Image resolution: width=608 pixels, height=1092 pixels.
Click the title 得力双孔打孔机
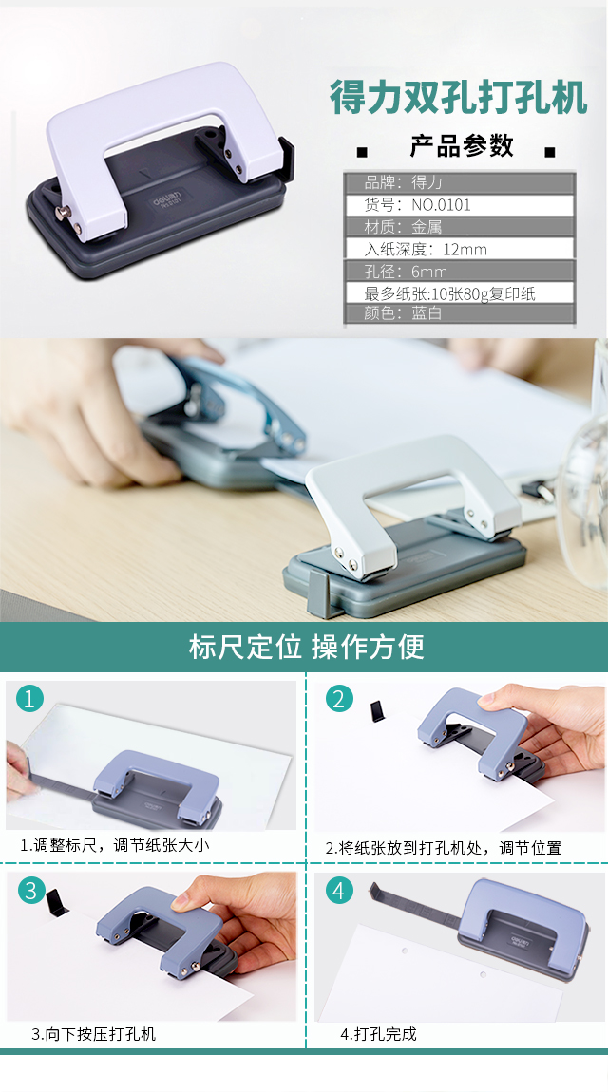(458, 97)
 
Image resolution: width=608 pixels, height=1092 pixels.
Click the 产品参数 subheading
(462, 145)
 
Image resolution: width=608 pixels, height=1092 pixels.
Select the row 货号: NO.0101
(460, 205)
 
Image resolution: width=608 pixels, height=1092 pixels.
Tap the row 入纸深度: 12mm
(460, 249)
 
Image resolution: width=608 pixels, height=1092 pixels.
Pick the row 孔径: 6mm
(460, 271)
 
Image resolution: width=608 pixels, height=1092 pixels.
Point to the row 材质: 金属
(460, 226)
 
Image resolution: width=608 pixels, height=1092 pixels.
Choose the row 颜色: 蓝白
(460, 313)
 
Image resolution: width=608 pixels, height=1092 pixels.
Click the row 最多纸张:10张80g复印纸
(460, 293)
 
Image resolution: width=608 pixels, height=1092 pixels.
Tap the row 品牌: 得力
(460, 182)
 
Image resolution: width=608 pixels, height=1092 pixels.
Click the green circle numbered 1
(29, 698)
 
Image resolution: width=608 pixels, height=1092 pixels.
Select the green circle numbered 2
(339, 699)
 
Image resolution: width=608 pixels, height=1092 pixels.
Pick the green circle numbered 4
(339, 890)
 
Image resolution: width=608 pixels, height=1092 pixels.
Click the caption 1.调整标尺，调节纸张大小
(114, 845)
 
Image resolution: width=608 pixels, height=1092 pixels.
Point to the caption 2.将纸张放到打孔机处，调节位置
(443, 848)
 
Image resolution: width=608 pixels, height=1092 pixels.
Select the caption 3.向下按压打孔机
(93, 1033)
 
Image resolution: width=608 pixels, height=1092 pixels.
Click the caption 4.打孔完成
(378, 1033)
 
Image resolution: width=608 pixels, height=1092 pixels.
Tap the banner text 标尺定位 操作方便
(307, 647)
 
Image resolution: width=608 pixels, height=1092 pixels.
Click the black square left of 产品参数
(361, 152)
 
